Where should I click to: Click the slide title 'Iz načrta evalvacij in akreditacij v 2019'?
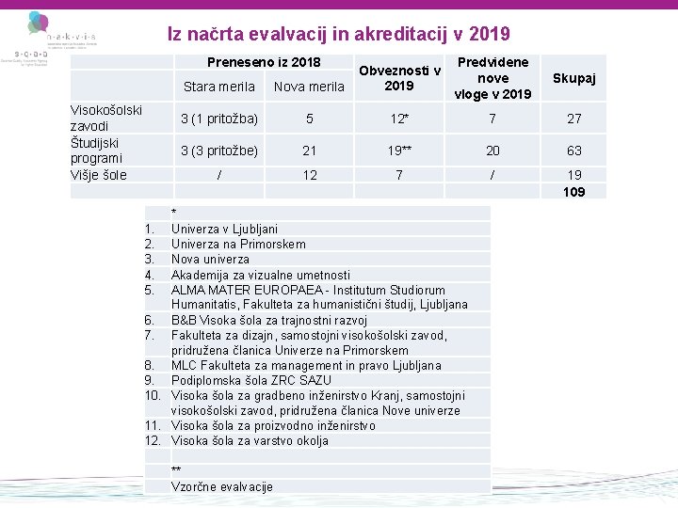(x=339, y=35)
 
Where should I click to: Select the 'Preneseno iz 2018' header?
(x=264, y=63)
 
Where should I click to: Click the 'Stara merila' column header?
(x=218, y=87)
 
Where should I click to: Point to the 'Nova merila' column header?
(x=309, y=87)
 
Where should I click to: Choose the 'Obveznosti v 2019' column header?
(x=399, y=78)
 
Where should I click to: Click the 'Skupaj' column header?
(x=573, y=78)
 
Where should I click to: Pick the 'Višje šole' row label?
(x=99, y=175)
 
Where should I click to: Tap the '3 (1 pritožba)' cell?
(x=218, y=119)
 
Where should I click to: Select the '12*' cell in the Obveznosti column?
(x=399, y=119)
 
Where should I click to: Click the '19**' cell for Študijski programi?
(x=399, y=151)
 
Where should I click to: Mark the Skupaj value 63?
(x=573, y=151)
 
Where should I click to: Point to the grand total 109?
(x=573, y=192)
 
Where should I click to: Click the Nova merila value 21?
(x=309, y=151)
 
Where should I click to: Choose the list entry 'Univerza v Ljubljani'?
(x=224, y=229)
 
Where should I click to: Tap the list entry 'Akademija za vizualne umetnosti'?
(x=260, y=275)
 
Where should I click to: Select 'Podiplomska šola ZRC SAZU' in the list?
(x=250, y=380)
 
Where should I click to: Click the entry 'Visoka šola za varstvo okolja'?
(x=250, y=440)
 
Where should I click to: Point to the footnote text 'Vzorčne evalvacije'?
(x=221, y=486)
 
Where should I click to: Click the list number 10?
(x=153, y=395)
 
